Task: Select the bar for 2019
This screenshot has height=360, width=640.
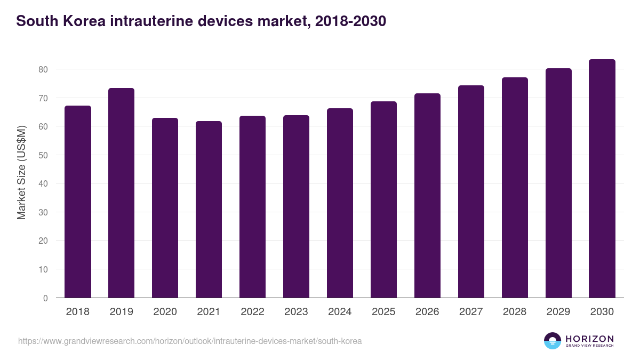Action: coord(121,193)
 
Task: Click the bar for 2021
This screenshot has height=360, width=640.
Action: coord(209,210)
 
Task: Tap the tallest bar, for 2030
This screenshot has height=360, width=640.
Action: coord(602,179)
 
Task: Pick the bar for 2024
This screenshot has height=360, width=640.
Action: coord(340,203)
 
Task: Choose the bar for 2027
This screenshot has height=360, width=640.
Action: coord(471,191)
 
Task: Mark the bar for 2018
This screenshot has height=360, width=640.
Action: coord(78,202)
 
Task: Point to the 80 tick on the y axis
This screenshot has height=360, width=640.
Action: coord(43,69)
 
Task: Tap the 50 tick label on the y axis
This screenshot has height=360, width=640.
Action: coord(43,155)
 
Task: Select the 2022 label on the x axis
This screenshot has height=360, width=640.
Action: coord(252,312)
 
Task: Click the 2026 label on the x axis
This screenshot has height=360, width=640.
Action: coord(427,312)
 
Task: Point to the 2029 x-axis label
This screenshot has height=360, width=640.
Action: coord(558,312)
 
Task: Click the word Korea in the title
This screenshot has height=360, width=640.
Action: coord(81,21)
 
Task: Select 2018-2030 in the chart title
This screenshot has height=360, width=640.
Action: coord(350,21)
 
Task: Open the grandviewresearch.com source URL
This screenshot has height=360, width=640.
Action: coord(190,341)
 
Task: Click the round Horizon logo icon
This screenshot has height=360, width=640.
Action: coord(553,341)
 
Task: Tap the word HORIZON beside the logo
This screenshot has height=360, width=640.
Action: coord(589,339)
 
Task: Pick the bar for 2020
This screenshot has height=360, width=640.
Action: coord(165,208)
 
